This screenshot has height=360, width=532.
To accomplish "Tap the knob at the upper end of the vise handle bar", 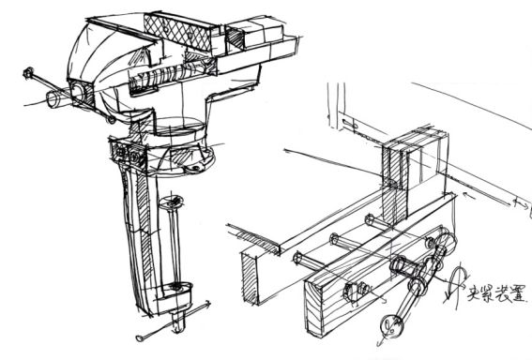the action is (x=28, y=72).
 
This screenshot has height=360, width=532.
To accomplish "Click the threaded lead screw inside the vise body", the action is (x=166, y=75).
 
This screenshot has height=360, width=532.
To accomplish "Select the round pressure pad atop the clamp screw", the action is (x=172, y=202).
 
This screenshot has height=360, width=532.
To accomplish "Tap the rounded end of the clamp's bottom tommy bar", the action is (x=139, y=337).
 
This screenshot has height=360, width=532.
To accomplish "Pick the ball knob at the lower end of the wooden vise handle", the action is (x=392, y=326).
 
